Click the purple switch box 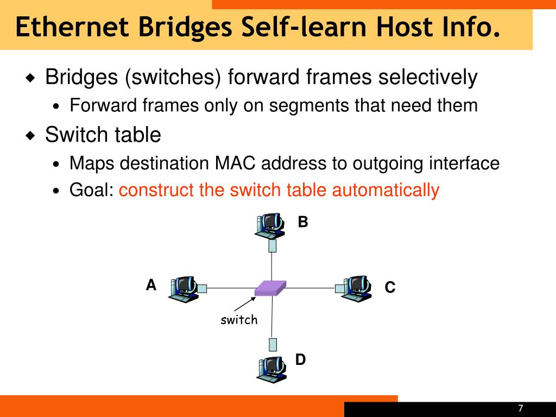(x=270, y=288)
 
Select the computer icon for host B (x=270, y=225)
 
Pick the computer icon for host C (x=356, y=289)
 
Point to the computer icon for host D (x=271, y=369)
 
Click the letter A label (x=151, y=285)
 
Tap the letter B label (x=303, y=222)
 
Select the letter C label (x=390, y=287)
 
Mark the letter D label (x=300, y=359)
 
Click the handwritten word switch (x=239, y=320)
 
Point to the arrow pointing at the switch (x=245, y=304)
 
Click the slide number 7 (x=521, y=408)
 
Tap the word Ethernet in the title (x=72, y=27)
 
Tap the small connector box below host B (x=273, y=246)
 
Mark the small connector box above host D (x=273, y=345)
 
